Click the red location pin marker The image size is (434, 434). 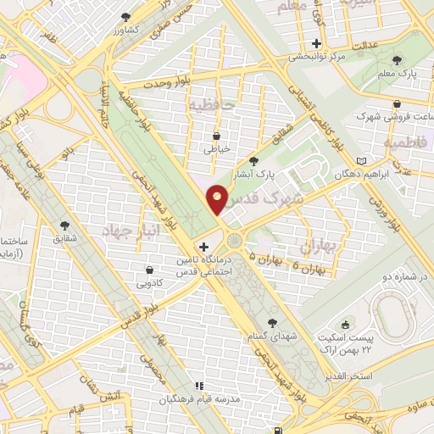pyautogui.click(x=218, y=199)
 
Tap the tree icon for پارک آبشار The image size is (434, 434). pyautogui.click(x=253, y=161)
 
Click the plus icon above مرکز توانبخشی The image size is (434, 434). pyautogui.click(x=317, y=43)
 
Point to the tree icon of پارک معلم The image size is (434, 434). pyautogui.click(x=398, y=60)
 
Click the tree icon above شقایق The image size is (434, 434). pyautogui.click(x=64, y=225)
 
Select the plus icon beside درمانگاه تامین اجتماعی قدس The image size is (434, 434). pyautogui.click(x=203, y=246)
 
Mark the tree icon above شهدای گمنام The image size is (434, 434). pyautogui.click(x=271, y=322)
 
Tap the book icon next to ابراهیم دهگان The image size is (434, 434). pyautogui.click(x=364, y=160)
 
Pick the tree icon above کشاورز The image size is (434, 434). pyautogui.click(x=126, y=16)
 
